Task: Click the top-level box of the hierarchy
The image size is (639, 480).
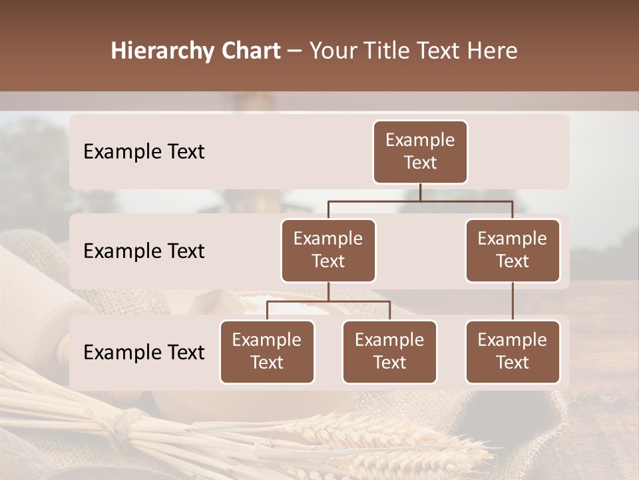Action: [x=420, y=152]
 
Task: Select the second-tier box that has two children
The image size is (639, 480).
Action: [x=328, y=251]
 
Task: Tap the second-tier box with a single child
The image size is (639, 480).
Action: [x=513, y=251]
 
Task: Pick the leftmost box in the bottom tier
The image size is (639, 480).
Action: [x=267, y=352]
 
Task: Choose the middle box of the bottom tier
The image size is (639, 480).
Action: [x=389, y=352]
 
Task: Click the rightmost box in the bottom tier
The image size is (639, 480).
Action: [x=513, y=352]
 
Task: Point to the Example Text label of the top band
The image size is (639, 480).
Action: [x=144, y=152]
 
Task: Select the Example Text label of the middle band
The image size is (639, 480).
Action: [x=144, y=251]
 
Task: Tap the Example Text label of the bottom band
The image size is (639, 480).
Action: [x=144, y=353]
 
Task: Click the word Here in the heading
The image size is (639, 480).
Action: [x=493, y=51]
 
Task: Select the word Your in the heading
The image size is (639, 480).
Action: [x=333, y=51]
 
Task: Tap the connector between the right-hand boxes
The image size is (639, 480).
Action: [x=513, y=301]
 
